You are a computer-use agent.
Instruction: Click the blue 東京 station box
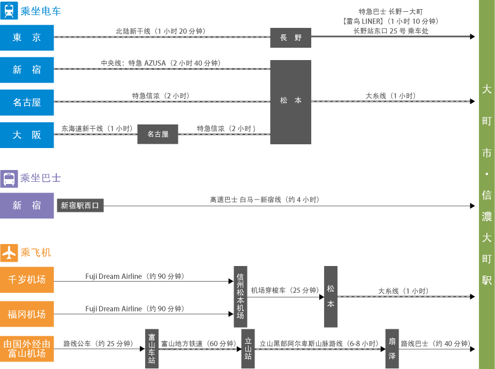pos(27,38)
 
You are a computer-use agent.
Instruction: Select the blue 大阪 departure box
pos(27,135)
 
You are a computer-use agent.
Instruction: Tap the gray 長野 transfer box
pos(290,38)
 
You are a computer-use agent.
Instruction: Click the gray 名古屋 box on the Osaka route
pos(157,134)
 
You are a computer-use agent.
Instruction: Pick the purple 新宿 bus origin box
pos(27,205)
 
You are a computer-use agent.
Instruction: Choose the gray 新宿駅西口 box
pos(80,205)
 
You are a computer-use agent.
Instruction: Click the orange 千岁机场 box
pos(27,279)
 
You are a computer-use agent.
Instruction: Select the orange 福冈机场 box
pos(27,314)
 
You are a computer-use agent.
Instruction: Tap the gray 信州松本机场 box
pos(240,297)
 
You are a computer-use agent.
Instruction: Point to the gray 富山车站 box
pos(152,348)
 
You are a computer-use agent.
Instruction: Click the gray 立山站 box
pos(248,348)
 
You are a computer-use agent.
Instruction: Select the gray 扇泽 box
pos(392,348)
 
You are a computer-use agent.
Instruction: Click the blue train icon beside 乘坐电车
pos(9,11)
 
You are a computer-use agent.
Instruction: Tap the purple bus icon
pos(9,179)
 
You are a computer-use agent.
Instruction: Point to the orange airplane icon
pos(9,252)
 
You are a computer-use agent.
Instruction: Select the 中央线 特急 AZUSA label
pos(161,63)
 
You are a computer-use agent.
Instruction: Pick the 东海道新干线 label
pos(96,129)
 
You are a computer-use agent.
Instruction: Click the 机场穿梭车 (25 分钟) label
pos(284,290)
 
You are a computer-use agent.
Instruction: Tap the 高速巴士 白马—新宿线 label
pos(264,200)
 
